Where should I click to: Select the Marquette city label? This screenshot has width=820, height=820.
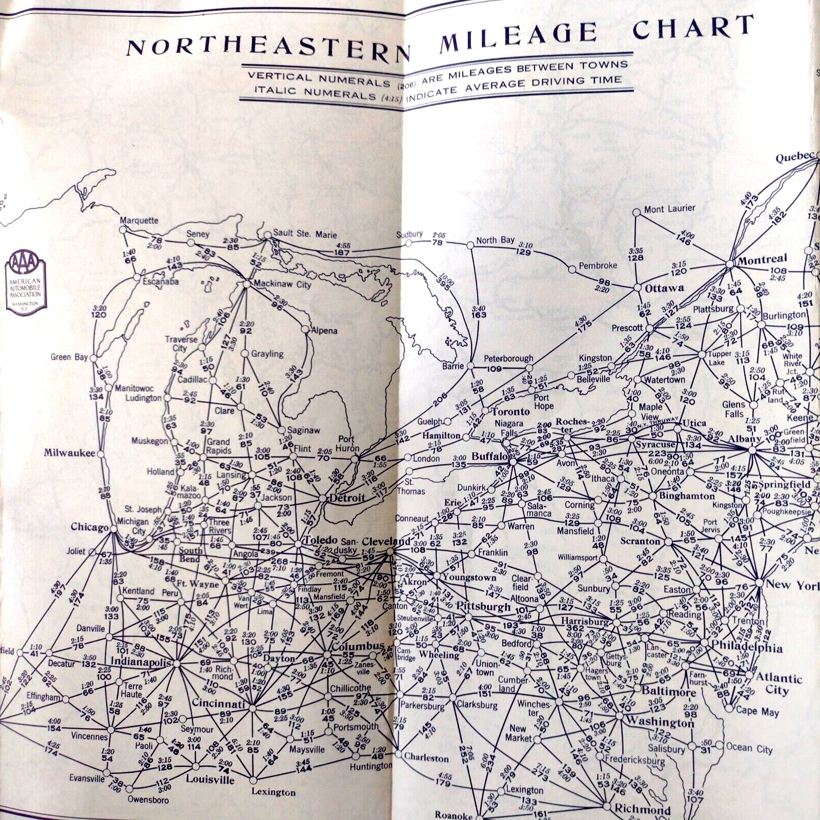(x=139, y=220)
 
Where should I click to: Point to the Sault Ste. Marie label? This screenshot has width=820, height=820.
(x=305, y=234)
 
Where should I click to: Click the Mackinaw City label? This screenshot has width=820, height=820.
(x=282, y=284)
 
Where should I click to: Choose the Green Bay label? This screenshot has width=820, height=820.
(x=69, y=357)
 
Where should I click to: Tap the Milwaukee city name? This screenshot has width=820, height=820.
(x=69, y=453)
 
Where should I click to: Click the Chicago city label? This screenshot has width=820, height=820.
(x=90, y=527)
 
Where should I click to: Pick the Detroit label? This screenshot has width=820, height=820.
(x=347, y=498)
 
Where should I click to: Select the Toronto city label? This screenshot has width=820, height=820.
(x=510, y=412)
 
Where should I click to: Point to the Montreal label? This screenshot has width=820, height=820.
(x=762, y=260)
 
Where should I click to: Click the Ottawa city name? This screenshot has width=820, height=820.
(x=664, y=289)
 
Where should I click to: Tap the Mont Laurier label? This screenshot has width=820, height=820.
(x=669, y=209)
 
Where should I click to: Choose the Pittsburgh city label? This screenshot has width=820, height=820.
(x=483, y=606)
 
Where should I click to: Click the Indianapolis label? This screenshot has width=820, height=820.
(x=140, y=662)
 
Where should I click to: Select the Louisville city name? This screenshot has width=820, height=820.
(x=210, y=780)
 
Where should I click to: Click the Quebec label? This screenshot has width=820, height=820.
(x=794, y=157)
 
